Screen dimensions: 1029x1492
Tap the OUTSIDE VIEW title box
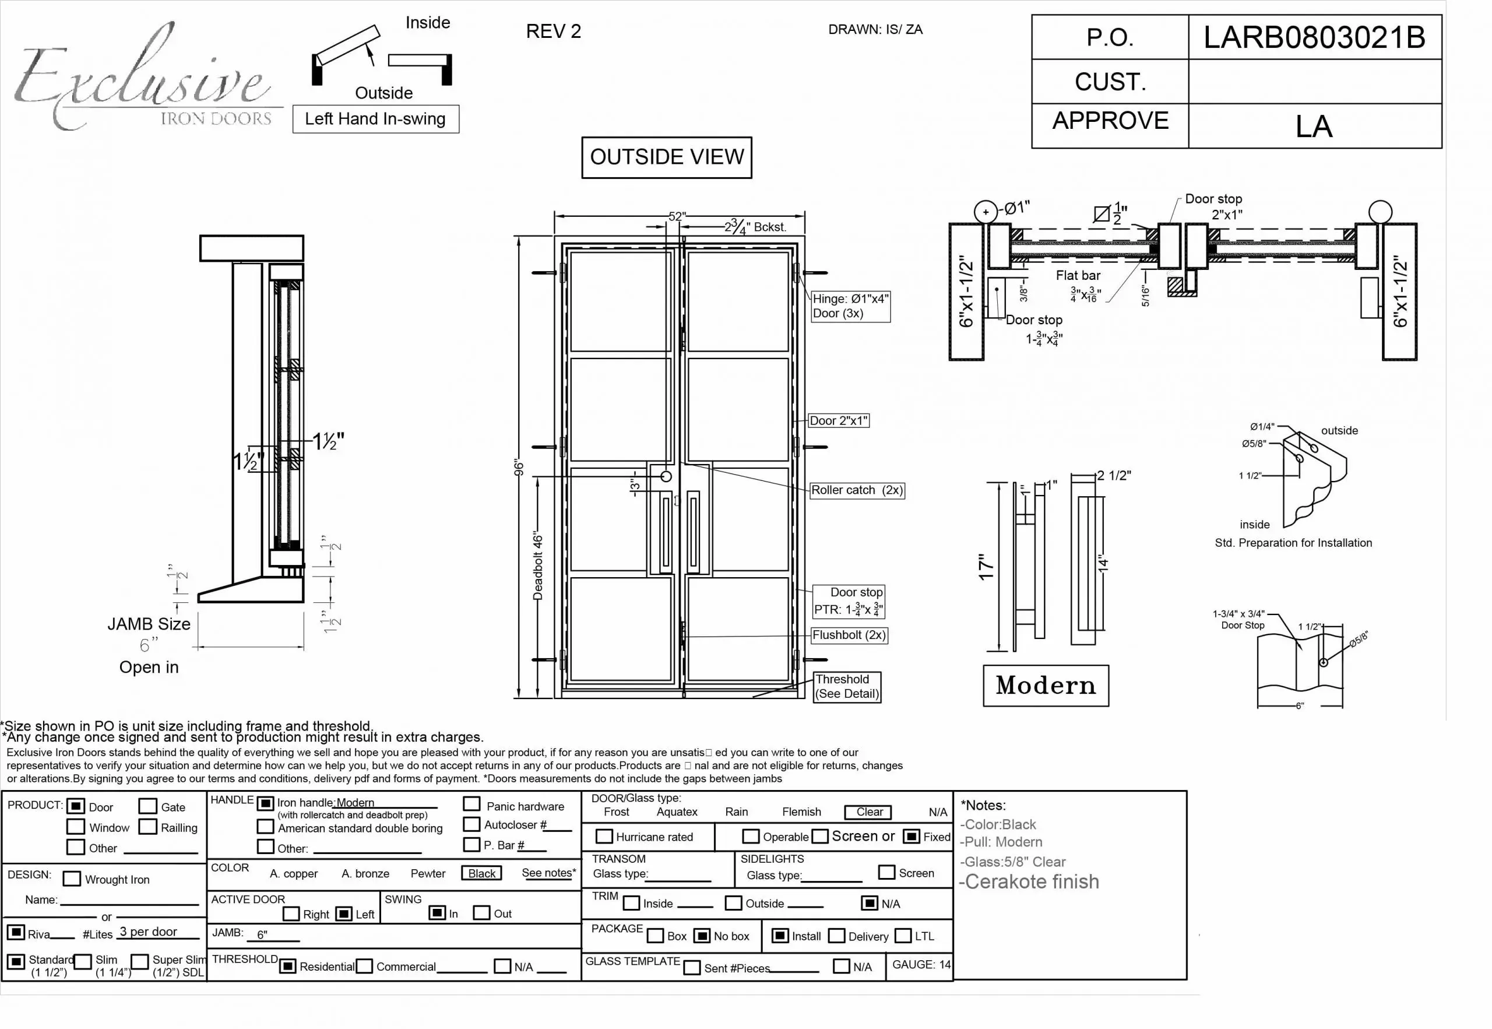[666, 157]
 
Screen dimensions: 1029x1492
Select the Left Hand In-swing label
[375, 120]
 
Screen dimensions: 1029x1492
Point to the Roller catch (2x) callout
[857, 491]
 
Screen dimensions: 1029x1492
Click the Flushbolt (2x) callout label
[849, 635]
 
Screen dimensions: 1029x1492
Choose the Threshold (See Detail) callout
[846, 687]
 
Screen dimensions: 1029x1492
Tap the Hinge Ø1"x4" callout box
[850, 306]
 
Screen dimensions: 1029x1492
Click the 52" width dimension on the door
[677, 217]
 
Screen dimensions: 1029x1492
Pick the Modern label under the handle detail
[1046, 686]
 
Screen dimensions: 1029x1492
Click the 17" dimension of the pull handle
[986, 567]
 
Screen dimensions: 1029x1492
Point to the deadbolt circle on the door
[666, 477]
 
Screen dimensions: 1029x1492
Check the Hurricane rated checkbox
[604, 837]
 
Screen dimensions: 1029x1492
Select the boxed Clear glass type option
[869, 812]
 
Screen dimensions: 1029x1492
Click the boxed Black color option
[481, 873]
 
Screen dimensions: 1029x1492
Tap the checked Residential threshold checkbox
[288, 967]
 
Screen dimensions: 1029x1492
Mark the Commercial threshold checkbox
[364, 967]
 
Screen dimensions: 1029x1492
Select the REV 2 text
[553, 31]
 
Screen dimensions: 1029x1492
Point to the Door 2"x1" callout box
[839, 421]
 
